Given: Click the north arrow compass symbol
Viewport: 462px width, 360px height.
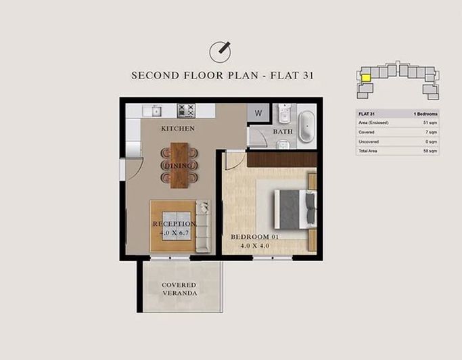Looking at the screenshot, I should tap(220, 51).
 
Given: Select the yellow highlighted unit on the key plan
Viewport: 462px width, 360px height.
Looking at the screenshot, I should tap(365, 77).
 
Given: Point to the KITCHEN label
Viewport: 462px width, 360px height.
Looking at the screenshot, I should tap(177, 129).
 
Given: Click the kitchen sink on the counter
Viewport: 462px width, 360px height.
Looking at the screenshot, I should tap(156, 110).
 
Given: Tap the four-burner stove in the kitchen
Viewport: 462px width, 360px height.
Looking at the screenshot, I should tap(186, 110).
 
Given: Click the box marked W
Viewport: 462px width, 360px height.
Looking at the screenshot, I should tap(258, 113).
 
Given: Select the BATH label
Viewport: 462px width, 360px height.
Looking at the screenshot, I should tap(283, 131).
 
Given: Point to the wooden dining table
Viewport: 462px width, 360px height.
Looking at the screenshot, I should tap(179, 164).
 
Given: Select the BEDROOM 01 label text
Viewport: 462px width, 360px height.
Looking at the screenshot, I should tap(254, 237).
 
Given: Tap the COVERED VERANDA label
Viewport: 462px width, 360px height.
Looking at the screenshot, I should tap(179, 289).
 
